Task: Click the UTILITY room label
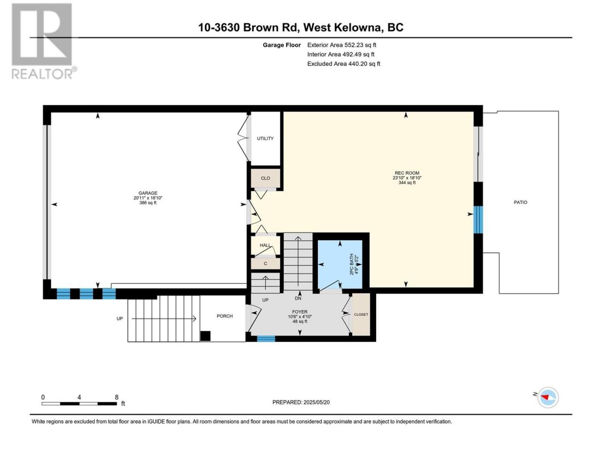[265, 138]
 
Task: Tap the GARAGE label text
[148, 193]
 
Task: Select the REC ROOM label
[407, 173]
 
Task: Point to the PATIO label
[520, 202]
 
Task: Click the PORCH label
[224, 316]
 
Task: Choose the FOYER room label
[300, 311]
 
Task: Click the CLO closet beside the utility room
[265, 178]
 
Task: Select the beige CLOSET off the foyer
[361, 314]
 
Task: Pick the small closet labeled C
[265, 264]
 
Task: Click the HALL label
[265, 245]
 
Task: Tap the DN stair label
[298, 298]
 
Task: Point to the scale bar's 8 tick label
[117, 397]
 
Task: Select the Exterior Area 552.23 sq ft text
[341, 45]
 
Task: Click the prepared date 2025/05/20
[317, 402]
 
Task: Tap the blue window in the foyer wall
[266, 339]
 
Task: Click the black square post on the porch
[205, 336]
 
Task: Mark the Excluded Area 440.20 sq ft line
[343, 63]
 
